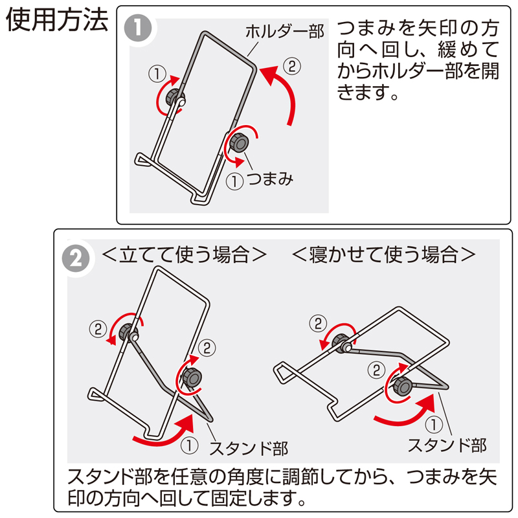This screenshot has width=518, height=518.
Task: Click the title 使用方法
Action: click(x=56, y=21)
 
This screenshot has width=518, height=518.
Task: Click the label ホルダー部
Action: click(x=284, y=30)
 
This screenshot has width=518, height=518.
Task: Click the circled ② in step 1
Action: click(x=292, y=65)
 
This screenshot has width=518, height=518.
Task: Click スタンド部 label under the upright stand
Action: click(x=248, y=447)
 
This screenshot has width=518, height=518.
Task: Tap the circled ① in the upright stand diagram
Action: click(x=188, y=445)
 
